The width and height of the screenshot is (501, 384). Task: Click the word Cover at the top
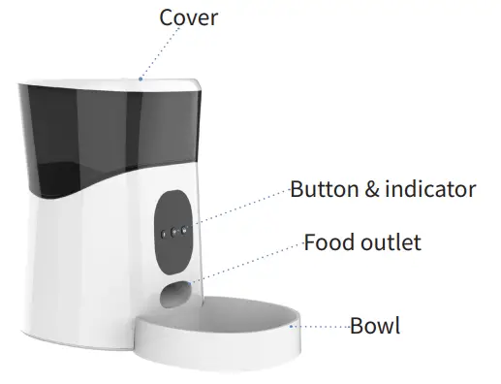point(189,18)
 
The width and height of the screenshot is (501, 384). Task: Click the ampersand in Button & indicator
point(373,189)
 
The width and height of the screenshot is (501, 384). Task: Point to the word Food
point(328,241)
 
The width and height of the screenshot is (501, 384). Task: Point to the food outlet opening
point(174,293)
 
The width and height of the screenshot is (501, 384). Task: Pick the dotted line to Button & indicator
point(242,208)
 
